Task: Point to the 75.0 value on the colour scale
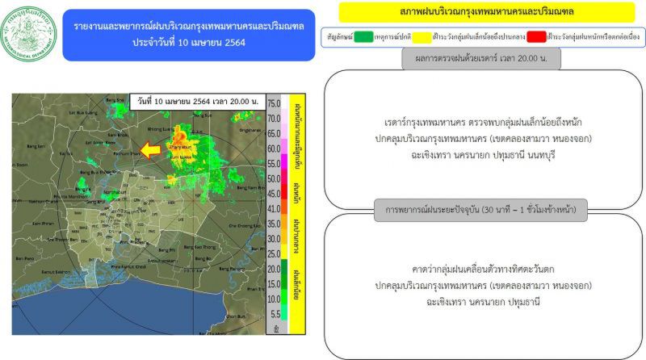[x=274, y=103]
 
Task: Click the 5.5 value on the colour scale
[x=274, y=313]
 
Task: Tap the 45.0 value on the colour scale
[x=274, y=194]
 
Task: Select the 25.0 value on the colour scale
[x=274, y=254]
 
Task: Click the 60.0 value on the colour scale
[x=274, y=149]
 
